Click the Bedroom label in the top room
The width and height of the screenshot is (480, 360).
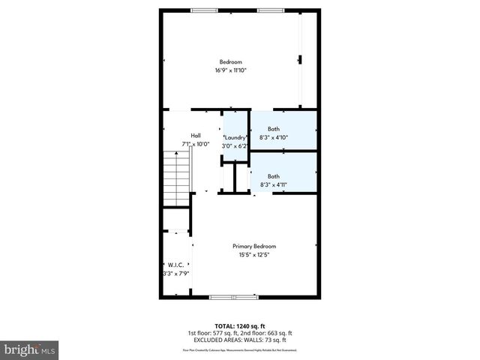[231, 61]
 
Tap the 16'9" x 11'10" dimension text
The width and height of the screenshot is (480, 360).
[231, 70]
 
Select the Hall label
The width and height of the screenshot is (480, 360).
[195, 135]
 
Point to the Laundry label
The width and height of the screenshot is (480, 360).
[235, 138]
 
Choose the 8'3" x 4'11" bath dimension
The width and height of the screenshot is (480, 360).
[274, 185]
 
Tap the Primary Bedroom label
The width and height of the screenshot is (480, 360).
[254, 247]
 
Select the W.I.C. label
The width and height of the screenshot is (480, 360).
[175, 265]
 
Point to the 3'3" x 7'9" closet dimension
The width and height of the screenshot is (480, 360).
[175, 274]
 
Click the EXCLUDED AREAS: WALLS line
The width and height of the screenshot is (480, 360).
[240, 340]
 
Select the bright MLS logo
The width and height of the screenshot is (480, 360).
[30, 349]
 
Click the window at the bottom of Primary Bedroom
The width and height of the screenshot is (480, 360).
[233, 298]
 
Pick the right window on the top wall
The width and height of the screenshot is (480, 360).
[271, 10]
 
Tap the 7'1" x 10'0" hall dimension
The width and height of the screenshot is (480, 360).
[194, 144]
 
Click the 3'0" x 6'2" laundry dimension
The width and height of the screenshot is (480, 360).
[235, 146]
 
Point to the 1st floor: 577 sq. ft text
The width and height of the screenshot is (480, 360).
[211, 333]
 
